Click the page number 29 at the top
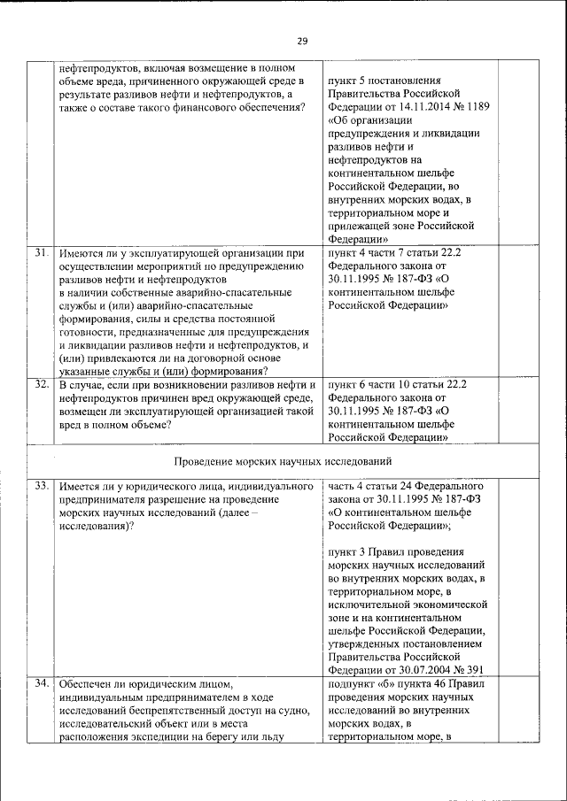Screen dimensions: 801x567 302,42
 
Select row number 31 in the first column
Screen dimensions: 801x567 41,253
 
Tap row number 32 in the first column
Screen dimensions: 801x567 41,385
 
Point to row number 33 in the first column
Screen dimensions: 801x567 41,487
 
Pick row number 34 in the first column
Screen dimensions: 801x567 41,684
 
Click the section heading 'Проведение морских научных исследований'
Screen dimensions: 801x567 283,462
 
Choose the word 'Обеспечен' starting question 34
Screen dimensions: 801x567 88,684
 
